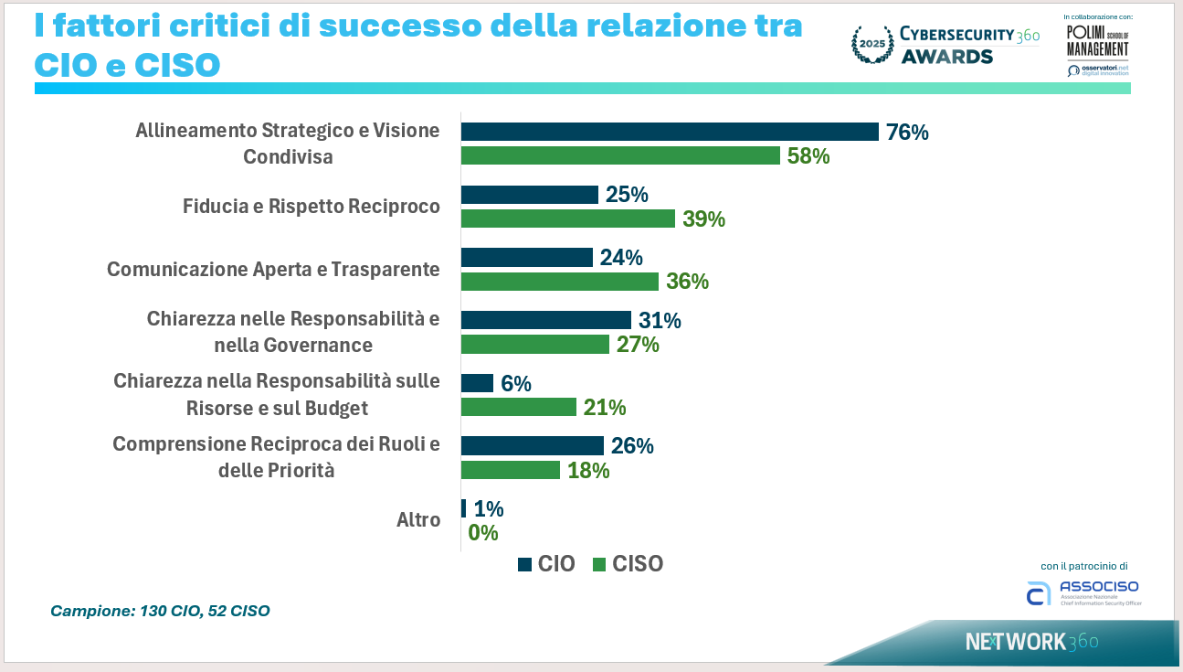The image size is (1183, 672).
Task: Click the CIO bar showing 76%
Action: click(x=670, y=132)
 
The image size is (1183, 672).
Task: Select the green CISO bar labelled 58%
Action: click(x=620, y=155)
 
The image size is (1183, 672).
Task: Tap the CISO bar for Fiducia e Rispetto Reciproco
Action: click(x=567, y=219)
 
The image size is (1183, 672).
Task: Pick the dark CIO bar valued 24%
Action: click(x=527, y=258)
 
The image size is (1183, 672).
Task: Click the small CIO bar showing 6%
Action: click(x=477, y=383)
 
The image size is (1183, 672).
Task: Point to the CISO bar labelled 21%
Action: click(x=519, y=407)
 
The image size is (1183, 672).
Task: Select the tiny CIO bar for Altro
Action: click(x=463, y=508)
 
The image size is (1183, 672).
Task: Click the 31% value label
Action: click(x=660, y=321)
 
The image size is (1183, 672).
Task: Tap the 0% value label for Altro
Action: click(x=482, y=533)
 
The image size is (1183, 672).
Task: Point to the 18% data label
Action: click(x=588, y=471)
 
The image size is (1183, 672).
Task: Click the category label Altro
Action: click(x=418, y=520)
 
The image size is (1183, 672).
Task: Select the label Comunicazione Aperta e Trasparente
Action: click(x=273, y=270)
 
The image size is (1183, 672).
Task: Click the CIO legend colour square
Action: click(x=524, y=564)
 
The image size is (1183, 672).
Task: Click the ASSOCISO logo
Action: click(x=1083, y=592)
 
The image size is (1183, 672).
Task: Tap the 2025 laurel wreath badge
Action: click(x=871, y=44)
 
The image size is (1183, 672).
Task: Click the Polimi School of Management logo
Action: click(x=1097, y=40)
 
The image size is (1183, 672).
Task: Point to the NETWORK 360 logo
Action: click(x=1031, y=642)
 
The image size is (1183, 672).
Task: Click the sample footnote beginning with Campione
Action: click(x=160, y=611)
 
